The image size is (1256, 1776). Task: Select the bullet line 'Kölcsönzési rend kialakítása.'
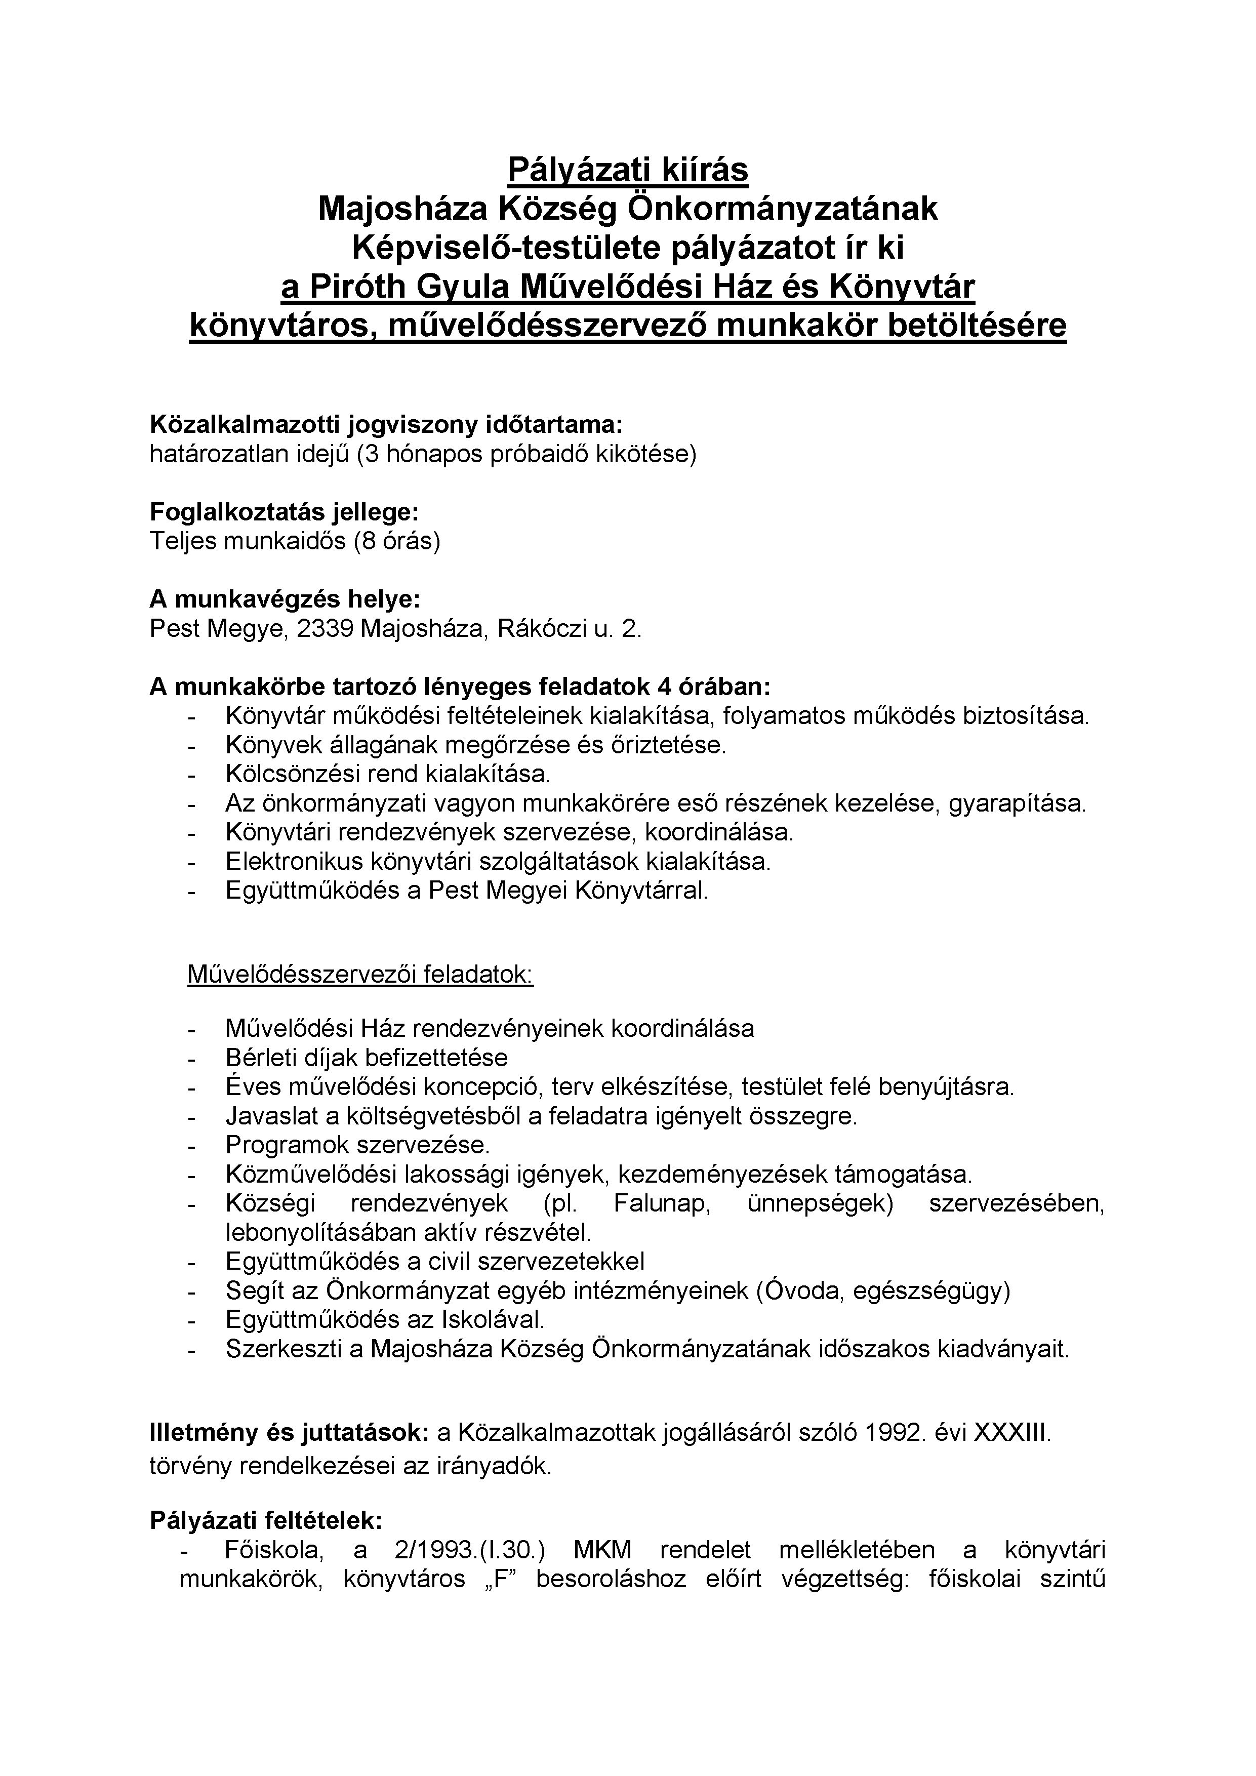click(387, 774)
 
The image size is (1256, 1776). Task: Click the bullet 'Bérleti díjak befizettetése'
click(367, 1058)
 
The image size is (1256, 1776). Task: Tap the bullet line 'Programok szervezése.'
click(358, 1145)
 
